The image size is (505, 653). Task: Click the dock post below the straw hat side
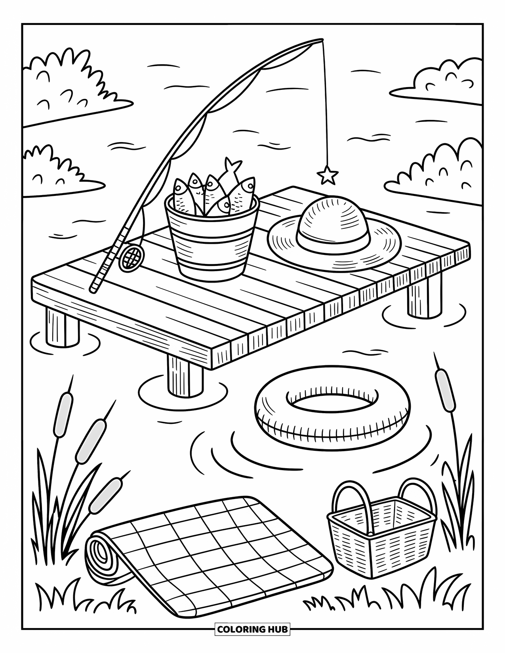click(424, 295)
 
